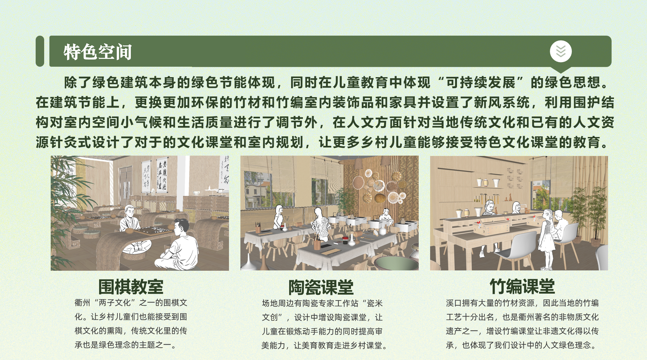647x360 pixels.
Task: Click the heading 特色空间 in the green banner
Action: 97,52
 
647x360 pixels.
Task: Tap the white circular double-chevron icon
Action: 561,51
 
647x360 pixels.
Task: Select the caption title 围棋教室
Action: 131,287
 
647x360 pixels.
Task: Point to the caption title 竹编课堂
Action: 522,287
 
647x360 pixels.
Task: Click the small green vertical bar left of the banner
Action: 40,51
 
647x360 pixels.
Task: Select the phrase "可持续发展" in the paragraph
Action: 481,82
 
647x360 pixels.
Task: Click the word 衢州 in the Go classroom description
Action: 82,303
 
